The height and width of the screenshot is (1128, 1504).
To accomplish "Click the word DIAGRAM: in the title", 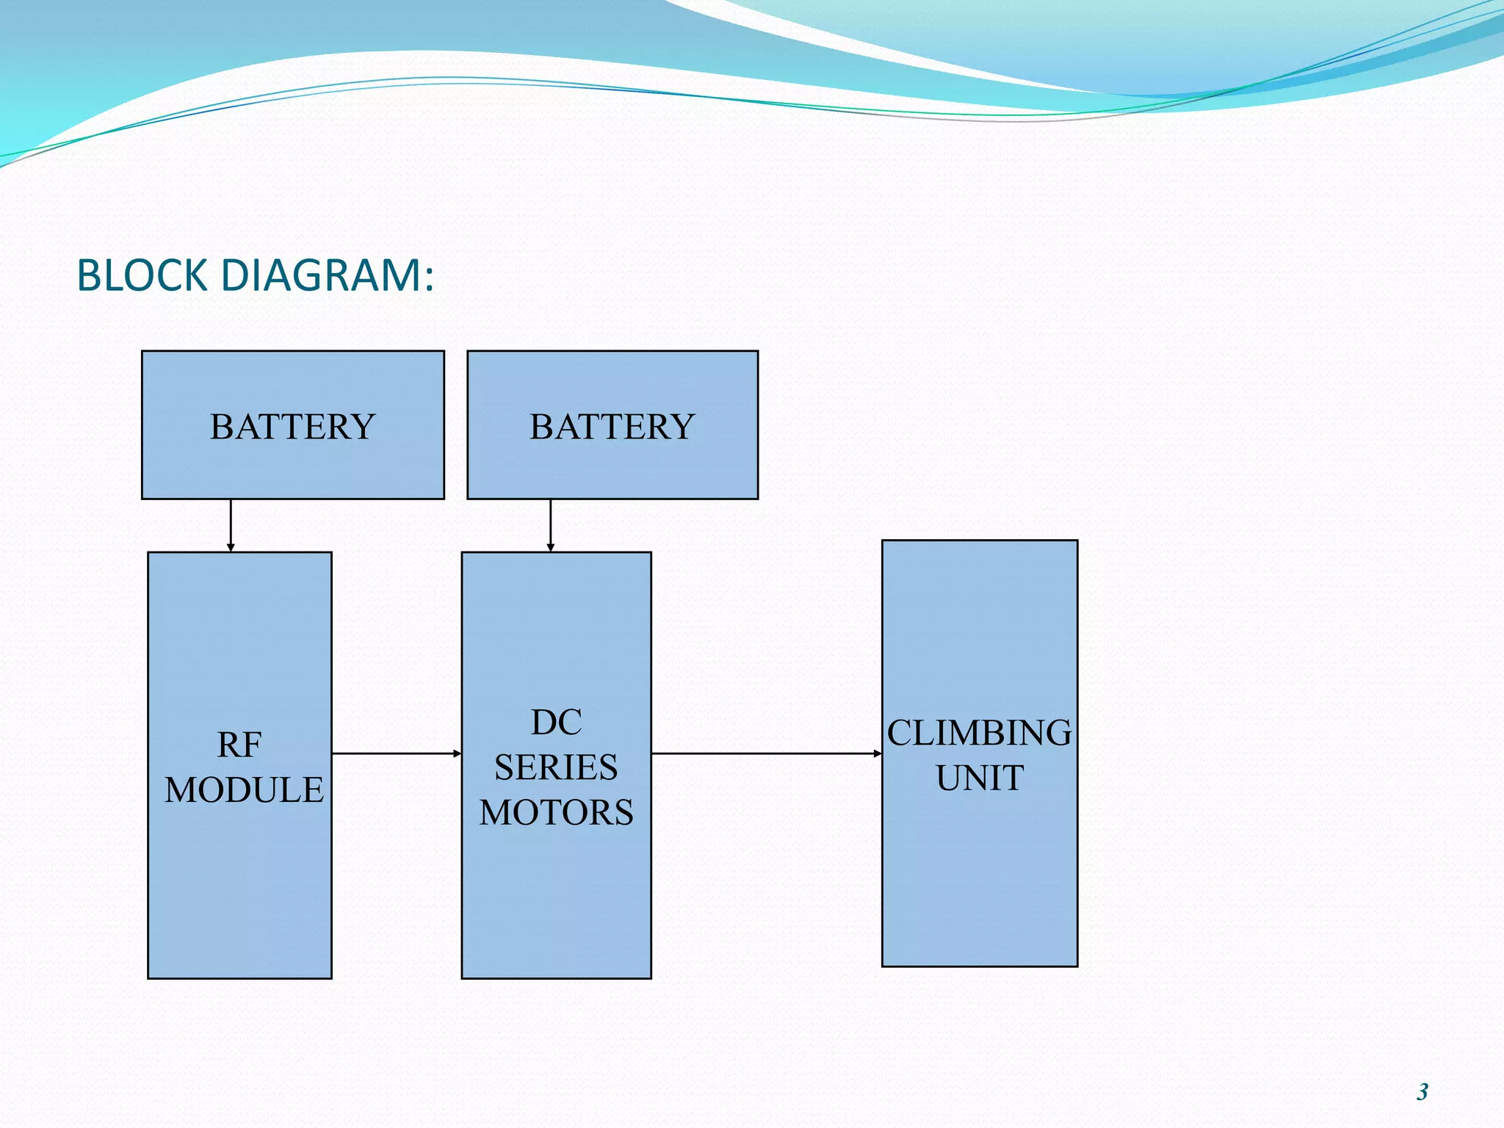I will pyautogui.click(x=327, y=276).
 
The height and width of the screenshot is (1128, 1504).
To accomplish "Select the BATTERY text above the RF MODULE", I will pyautogui.click(x=292, y=427).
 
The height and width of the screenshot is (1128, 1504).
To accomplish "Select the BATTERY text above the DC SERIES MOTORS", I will pyautogui.click(x=612, y=427).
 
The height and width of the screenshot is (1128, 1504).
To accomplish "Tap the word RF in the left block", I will pyautogui.click(x=239, y=745).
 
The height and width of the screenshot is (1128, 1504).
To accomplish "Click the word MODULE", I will pyautogui.click(x=244, y=790).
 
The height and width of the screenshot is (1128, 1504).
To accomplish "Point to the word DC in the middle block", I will pyautogui.click(x=556, y=723).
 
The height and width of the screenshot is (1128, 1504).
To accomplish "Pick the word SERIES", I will pyautogui.click(x=556, y=767).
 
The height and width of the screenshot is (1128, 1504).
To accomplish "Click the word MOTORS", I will pyautogui.click(x=556, y=812).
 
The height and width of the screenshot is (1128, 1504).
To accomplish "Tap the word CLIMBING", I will pyautogui.click(x=979, y=733).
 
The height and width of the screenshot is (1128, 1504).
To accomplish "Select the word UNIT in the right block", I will pyautogui.click(x=979, y=778).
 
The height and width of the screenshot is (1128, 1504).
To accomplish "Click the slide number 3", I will pyautogui.click(x=1422, y=1092).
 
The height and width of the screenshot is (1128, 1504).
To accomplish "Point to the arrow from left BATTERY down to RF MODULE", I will pyautogui.click(x=231, y=523).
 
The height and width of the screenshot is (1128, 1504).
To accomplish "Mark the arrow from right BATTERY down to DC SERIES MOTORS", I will pyautogui.click(x=551, y=523).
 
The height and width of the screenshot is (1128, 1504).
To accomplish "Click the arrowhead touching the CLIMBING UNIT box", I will pyautogui.click(x=878, y=753).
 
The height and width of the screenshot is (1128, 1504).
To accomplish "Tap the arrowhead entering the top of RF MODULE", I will pyautogui.click(x=231, y=548).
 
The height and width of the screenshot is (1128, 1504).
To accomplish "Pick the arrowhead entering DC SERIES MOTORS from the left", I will pyautogui.click(x=457, y=753).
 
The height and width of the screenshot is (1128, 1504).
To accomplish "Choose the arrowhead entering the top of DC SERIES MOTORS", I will pyautogui.click(x=551, y=548).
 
